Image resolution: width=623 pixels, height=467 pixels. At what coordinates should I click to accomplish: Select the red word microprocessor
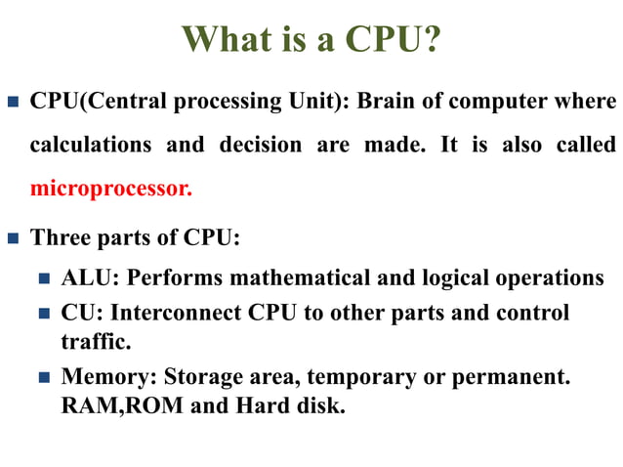[110, 188]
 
